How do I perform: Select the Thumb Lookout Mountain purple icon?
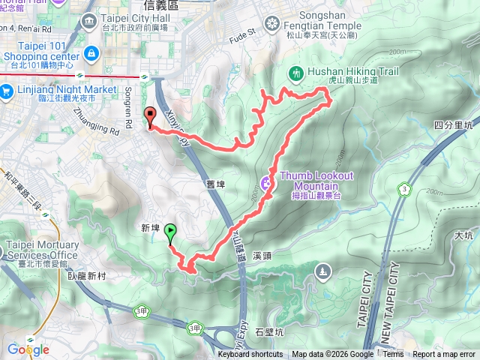coord(267,182)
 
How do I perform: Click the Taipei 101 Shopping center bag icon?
coord(91,53)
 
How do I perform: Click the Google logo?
coord(28,349)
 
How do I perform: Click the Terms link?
coord(393,355)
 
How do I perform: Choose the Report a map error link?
coord(445,355)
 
